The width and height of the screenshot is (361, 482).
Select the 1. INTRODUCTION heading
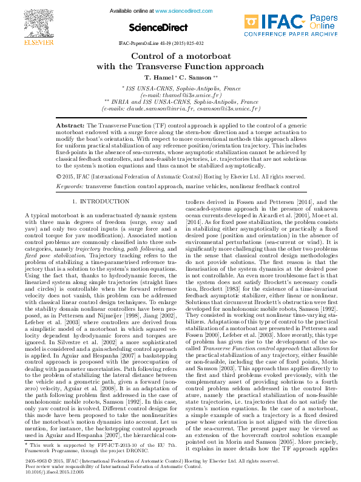100,200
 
